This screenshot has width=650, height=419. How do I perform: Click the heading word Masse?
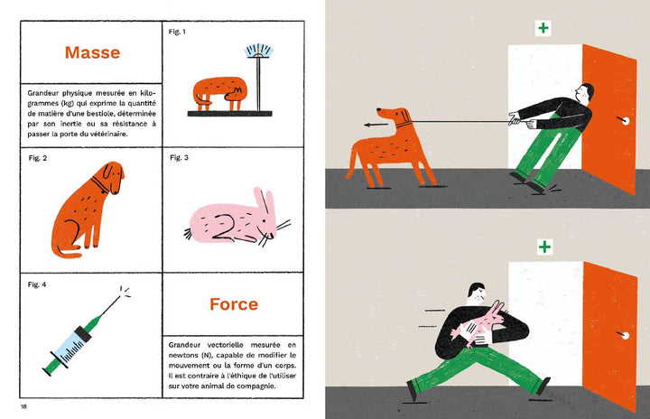(91, 52)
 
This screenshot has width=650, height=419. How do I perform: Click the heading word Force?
(234, 304)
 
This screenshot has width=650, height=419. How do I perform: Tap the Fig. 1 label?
(177, 32)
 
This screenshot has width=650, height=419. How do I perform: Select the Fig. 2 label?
(37, 158)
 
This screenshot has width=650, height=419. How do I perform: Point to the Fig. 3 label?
(179, 158)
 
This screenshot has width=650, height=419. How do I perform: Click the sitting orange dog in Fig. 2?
(84, 207)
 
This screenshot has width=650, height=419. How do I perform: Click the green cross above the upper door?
(543, 28)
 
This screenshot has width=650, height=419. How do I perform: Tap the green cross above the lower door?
(543, 246)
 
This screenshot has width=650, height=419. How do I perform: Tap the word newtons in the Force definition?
(186, 355)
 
